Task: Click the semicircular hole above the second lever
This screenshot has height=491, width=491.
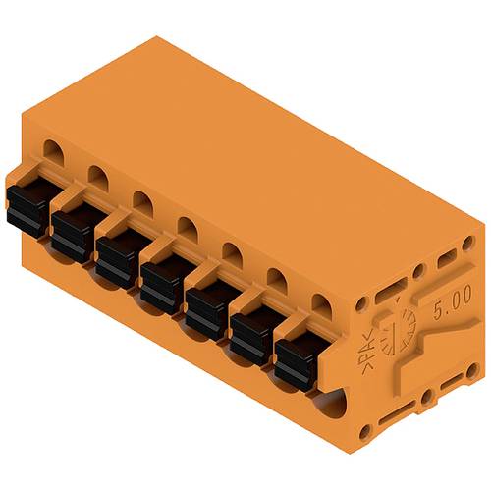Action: pos(96,175)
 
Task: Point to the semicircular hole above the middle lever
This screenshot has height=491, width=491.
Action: pos(187,226)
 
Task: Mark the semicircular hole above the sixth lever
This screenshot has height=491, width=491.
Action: pos(276,279)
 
